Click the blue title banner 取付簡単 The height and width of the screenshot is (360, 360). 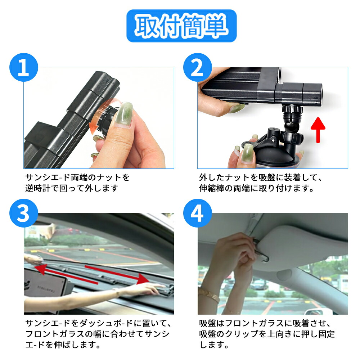click(181, 26)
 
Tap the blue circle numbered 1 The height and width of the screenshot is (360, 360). click(23, 67)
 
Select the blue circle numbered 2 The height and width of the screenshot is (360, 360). click(197, 67)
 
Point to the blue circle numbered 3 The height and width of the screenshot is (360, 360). click(23, 213)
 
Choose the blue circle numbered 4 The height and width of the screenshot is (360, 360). click(197, 213)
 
